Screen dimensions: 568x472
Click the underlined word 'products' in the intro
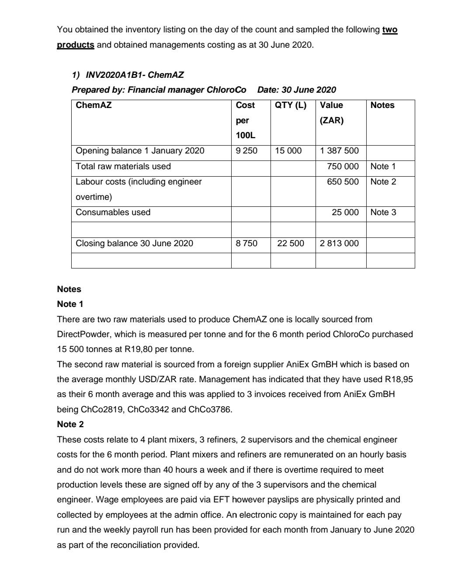[75, 45]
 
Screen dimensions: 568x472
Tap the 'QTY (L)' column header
[291, 105]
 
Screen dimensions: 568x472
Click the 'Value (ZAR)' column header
[332, 113]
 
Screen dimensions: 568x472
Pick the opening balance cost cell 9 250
[246, 151]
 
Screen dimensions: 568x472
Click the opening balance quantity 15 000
[288, 151]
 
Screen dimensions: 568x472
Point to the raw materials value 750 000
[343, 167]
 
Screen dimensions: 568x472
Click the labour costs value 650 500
[343, 182]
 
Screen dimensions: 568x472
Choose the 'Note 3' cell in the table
[383, 213]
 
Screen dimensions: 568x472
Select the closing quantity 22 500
[291, 244]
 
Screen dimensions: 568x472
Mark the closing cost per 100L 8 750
[246, 244]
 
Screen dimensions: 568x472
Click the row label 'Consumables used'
[113, 213]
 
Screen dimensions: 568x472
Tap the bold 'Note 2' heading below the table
[70, 425]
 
